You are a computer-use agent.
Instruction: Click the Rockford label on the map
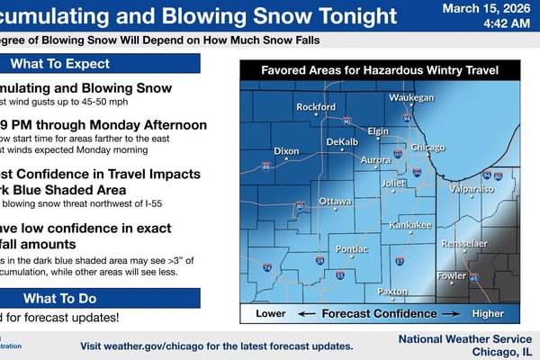[316, 107]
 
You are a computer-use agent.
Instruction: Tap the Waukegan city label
[411, 97]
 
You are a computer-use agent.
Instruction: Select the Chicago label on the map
[427, 147]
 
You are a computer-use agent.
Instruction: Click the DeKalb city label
[342, 142]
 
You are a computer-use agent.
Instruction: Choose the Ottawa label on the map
[335, 200]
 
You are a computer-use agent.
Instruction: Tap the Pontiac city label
[351, 247]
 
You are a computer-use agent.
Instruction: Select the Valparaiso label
[472, 190]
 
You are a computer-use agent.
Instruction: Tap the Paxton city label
[392, 292]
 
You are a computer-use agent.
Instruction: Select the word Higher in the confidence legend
[489, 314]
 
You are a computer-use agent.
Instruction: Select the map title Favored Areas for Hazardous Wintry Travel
[381, 70]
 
